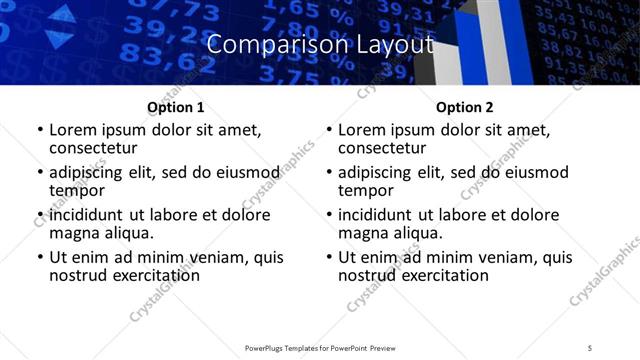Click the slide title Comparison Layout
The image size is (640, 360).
click(319, 45)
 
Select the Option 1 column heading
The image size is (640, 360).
click(175, 107)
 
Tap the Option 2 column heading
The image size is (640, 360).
click(464, 107)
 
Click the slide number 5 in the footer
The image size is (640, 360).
click(590, 348)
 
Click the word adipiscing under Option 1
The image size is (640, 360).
click(88, 171)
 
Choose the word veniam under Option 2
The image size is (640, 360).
click(518, 256)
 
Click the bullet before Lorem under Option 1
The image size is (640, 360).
click(39, 130)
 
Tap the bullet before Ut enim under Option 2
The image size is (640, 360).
click(329, 257)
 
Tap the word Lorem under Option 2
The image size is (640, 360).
click(361, 129)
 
